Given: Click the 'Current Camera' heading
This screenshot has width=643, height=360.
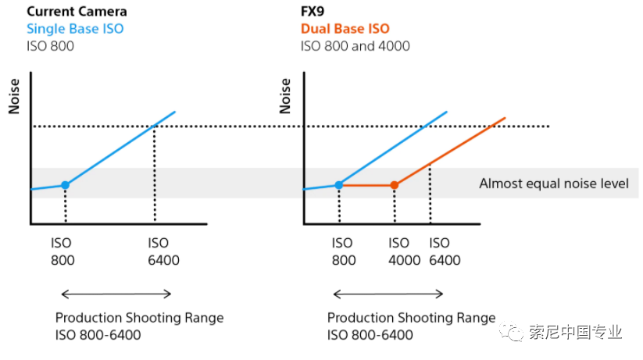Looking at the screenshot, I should point(77,12).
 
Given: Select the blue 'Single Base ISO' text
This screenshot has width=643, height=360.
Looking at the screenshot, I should point(75,29).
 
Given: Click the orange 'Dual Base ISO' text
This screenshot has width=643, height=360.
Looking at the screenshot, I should point(345,29).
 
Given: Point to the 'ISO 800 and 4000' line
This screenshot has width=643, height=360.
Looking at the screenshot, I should point(355,45).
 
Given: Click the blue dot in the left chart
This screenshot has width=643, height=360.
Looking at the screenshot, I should point(65,185).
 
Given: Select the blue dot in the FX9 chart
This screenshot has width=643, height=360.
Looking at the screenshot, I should point(338,185).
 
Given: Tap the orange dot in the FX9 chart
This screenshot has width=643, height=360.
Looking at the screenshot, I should point(395,185).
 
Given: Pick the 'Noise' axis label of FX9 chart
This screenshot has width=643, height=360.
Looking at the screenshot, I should point(285,96).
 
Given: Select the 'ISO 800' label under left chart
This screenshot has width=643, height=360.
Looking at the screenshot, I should point(63,251).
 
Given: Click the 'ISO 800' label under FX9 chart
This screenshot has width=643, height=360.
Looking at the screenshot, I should point(342,251).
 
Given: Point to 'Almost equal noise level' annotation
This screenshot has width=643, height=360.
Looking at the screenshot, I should point(553,184).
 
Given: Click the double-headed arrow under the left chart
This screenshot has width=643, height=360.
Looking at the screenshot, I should point(116,294).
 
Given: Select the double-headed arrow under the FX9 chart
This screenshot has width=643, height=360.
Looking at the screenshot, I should point(388,294).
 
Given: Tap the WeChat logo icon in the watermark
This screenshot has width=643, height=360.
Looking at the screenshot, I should point(514,333).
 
